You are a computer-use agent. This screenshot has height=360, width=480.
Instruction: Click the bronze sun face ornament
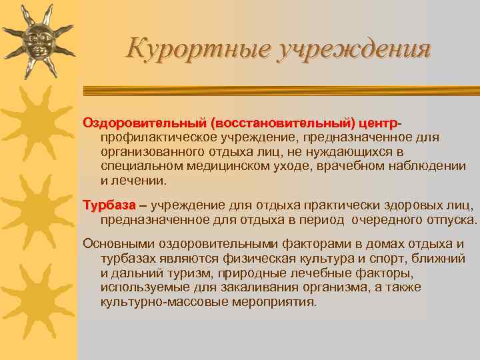click(37, 41)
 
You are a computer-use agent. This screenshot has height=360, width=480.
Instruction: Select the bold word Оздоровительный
click(144, 123)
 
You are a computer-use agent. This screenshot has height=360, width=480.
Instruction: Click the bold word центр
click(377, 123)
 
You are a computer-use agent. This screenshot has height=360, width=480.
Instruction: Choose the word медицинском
click(229, 166)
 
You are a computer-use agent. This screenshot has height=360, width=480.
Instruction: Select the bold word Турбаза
click(109, 205)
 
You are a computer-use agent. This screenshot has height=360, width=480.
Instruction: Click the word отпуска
click(453, 219)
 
